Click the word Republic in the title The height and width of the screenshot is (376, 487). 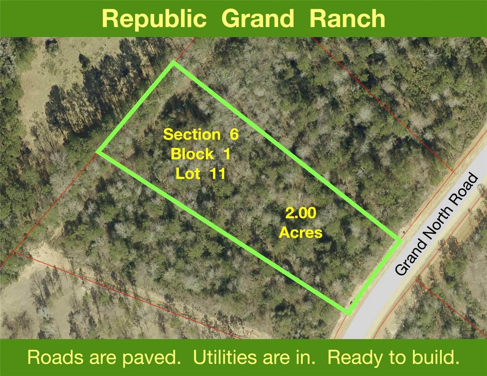click(154, 19)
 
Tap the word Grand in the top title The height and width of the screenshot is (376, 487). click(257, 19)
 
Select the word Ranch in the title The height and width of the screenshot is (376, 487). click(347, 19)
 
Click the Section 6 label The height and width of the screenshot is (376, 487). click(201, 134)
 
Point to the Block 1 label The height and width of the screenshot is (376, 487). click(200, 154)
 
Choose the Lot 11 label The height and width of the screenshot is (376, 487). click(200, 173)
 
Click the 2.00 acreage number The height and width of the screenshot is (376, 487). click(301, 213)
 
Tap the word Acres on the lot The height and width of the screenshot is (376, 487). click(301, 233)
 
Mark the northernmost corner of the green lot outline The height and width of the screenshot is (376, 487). click(173, 63)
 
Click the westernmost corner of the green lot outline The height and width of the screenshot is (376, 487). click(98, 151)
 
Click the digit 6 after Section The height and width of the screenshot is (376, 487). click(234, 134)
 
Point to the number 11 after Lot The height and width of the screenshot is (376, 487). click(217, 173)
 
